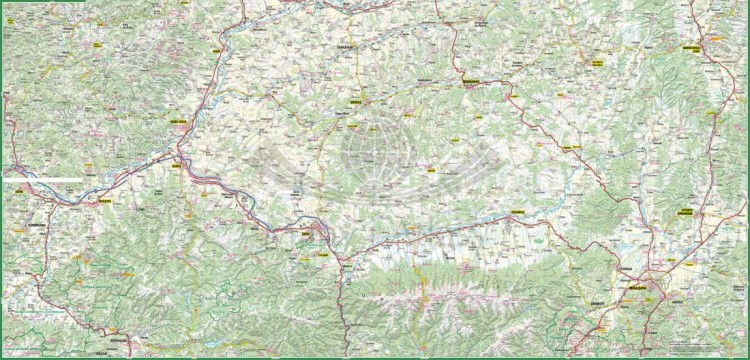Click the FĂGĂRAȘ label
tap(516, 212)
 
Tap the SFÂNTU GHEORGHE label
tap(686, 211)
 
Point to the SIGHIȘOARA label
tap(470, 80)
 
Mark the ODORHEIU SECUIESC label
tap(594, 63)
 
